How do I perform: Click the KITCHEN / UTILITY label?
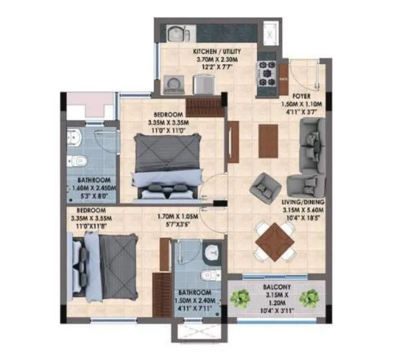(217, 51)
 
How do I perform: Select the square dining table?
(274, 241)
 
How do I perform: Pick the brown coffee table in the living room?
(268, 141)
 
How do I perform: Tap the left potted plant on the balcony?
(239, 298)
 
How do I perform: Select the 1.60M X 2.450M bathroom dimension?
(92, 188)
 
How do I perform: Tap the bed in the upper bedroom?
(168, 166)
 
